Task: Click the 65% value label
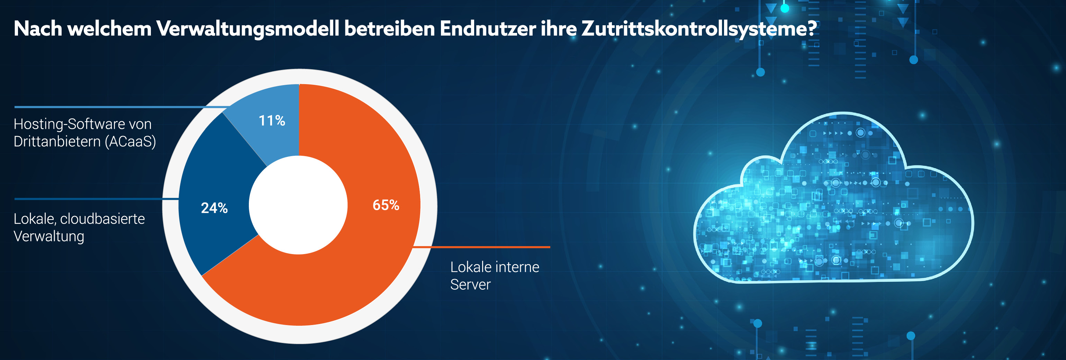[x=386, y=205]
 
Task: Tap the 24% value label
[x=214, y=208]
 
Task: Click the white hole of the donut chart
[x=298, y=205]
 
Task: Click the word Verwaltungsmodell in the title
[x=247, y=29]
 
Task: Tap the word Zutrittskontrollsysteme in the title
[x=695, y=29]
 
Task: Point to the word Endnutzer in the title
[x=487, y=29]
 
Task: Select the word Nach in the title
[x=38, y=29]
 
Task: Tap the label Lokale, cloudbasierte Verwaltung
[x=79, y=227]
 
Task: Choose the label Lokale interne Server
[x=495, y=276]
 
